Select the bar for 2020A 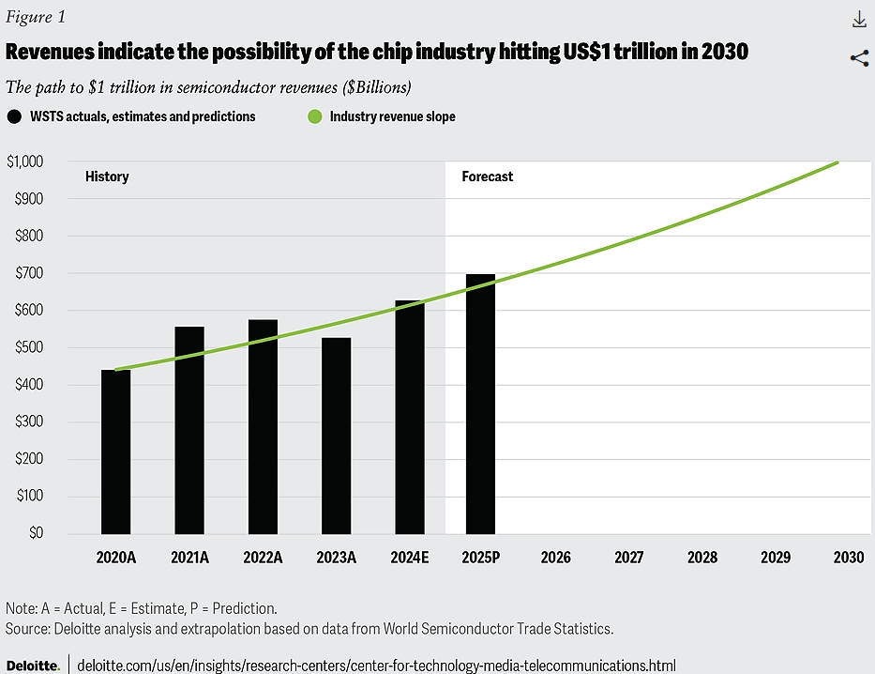[116, 452]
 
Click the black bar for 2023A [336, 436]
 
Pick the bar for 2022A [263, 426]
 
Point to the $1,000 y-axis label [24, 161]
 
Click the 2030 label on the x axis [848, 557]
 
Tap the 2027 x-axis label [628, 557]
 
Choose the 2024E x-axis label [409, 557]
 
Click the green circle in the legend [314, 116]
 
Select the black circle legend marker [14, 116]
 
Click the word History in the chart [107, 176]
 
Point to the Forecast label [487, 176]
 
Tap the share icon [858, 58]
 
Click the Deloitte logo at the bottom [33, 665]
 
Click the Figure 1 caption [36, 18]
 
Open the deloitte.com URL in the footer [375, 665]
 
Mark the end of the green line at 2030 [837, 162]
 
